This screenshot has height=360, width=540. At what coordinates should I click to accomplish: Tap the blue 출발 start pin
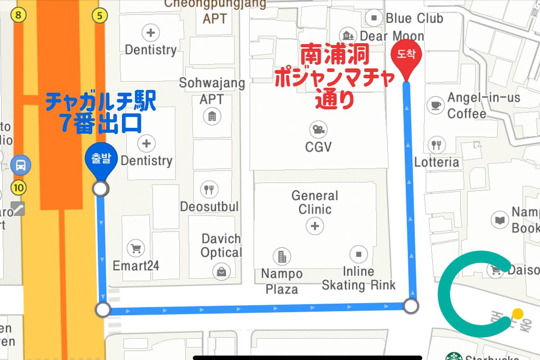pos(100,159)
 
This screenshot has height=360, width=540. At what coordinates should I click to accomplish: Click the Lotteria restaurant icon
pos(436,144)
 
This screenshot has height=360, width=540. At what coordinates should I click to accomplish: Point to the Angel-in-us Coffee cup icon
pos(435,104)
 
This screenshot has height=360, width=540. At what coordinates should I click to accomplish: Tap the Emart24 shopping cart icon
pos(135,247)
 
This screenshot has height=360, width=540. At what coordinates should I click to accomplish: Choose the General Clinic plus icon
pos(315,225)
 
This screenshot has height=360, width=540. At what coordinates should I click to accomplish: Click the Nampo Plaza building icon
pos(282,256)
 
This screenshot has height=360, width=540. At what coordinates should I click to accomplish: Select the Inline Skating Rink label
pos(359,278)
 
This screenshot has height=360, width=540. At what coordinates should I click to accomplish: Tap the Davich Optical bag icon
pos(222,271)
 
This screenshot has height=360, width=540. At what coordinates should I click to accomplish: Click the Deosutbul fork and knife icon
pos(208,189)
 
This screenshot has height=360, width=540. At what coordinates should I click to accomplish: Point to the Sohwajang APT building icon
pos(211,117)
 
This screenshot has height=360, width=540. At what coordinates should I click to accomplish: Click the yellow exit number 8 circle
pos(18,16)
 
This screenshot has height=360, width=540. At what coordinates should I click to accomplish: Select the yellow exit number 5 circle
pos(99,16)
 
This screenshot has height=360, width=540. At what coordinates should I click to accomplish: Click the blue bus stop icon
pos(21,165)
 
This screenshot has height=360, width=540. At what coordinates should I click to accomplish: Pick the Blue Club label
pos(414,18)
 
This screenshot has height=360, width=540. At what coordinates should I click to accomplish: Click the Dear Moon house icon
pos(348,35)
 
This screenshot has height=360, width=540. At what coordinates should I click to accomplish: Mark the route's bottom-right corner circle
pos(411,306)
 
